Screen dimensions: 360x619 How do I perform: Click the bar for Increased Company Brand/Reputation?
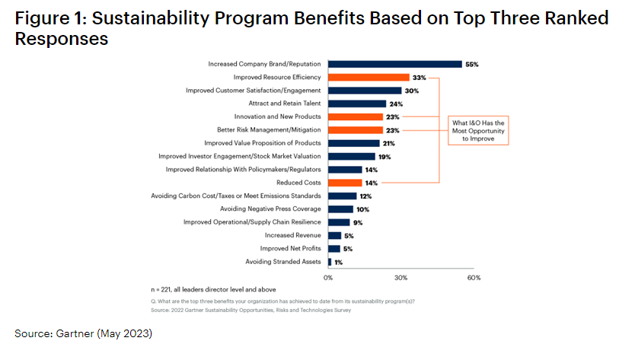(394, 64)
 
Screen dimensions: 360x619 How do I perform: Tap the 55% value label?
(473, 64)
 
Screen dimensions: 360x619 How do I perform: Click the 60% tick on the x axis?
(474, 278)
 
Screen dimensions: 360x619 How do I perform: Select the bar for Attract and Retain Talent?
(357, 104)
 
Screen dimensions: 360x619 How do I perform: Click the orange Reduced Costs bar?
(345, 183)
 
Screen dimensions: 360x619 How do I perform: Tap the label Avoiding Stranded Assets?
(283, 262)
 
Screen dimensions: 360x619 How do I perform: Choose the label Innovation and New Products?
(277, 116)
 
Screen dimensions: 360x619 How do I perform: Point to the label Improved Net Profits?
(290, 249)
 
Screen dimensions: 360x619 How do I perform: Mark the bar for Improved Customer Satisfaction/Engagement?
(365, 91)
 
